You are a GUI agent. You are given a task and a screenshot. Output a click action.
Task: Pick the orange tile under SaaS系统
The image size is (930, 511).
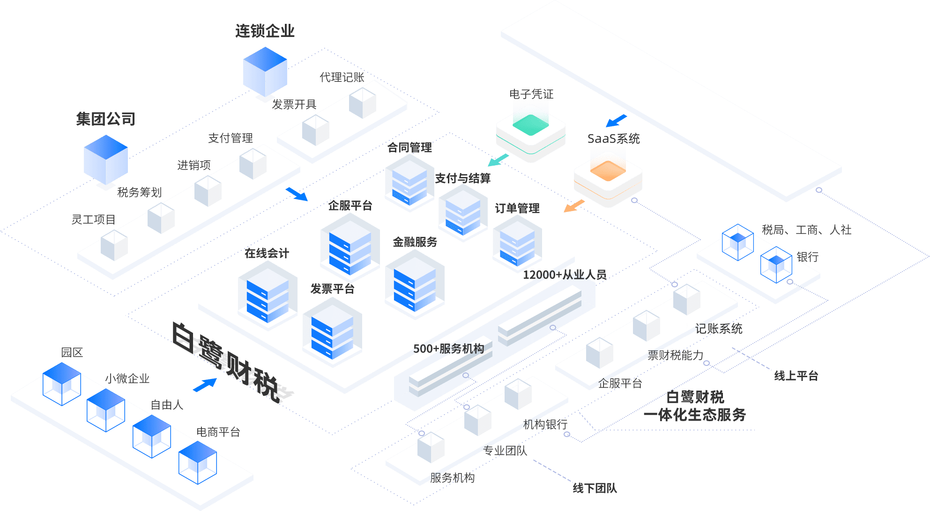[608, 171]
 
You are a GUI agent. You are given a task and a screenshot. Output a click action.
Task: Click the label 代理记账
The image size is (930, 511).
[342, 77]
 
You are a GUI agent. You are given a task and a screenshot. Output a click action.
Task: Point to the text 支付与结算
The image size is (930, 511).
[462, 178]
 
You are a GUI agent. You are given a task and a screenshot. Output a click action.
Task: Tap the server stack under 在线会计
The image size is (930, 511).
[267, 296]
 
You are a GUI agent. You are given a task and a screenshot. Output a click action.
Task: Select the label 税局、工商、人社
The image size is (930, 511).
[806, 230]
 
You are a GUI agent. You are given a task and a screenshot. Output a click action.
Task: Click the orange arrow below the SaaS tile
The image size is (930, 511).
[574, 206]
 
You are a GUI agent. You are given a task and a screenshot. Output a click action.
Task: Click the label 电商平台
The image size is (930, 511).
[218, 432]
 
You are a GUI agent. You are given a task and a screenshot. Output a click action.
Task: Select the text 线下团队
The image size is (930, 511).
[595, 489]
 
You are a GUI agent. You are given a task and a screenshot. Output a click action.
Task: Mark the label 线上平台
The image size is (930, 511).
[796, 376]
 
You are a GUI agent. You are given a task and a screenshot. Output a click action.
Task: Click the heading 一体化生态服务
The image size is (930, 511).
[695, 415]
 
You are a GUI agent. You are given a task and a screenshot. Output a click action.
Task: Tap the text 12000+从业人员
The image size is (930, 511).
[565, 275]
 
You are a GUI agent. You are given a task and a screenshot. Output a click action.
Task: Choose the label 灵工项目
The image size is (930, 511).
[93, 219]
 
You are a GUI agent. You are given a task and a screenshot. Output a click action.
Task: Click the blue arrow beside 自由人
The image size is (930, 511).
[205, 385]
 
